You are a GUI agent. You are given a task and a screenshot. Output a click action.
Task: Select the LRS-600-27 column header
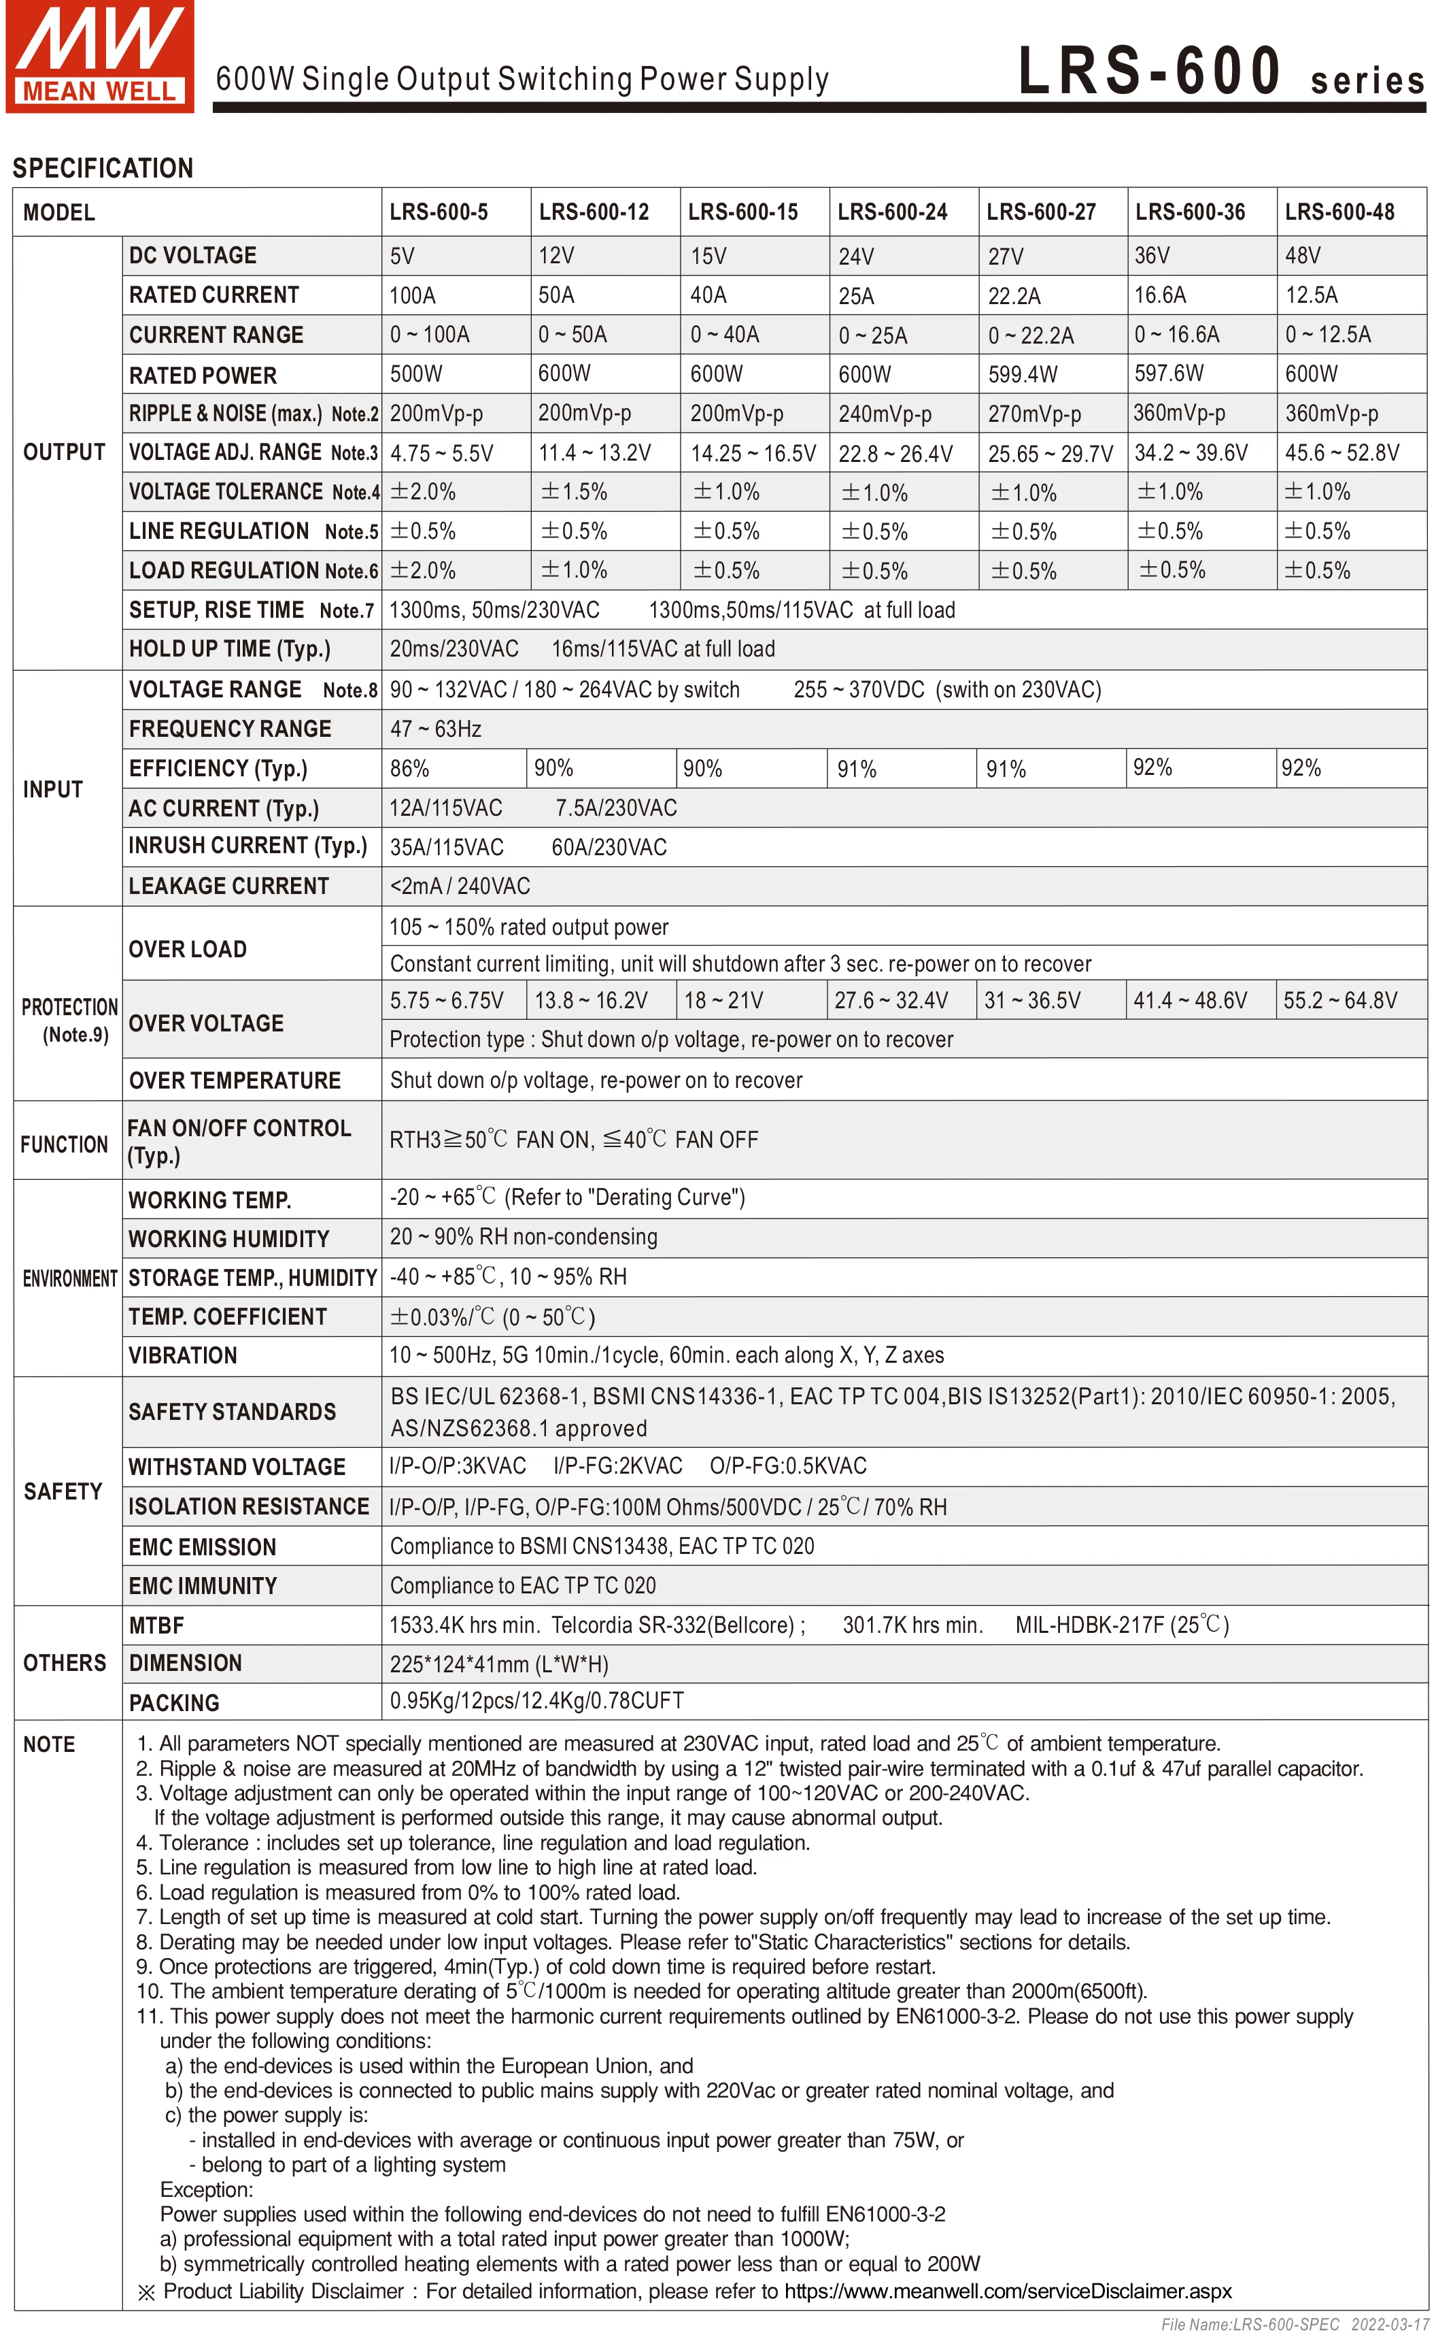pyautogui.click(x=1041, y=212)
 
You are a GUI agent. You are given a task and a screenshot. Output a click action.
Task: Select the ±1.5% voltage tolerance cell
pyautogui.click(x=574, y=492)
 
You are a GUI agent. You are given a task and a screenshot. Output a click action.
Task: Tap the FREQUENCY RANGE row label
pyautogui.click(x=230, y=729)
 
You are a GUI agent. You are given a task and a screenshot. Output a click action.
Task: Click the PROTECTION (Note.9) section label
pyautogui.click(x=69, y=1020)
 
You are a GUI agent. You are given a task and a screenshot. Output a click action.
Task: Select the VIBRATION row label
pyautogui.click(x=183, y=1355)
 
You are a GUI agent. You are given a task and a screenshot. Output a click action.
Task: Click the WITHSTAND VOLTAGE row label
pyautogui.click(x=237, y=1467)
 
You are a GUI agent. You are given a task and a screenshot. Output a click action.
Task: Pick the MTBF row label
pyautogui.click(x=156, y=1625)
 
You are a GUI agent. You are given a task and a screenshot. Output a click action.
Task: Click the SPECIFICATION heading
pyautogui.click(x=103, y=168)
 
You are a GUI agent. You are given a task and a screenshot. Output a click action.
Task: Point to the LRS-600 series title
pyautogui.click(x=1220, y=72)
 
